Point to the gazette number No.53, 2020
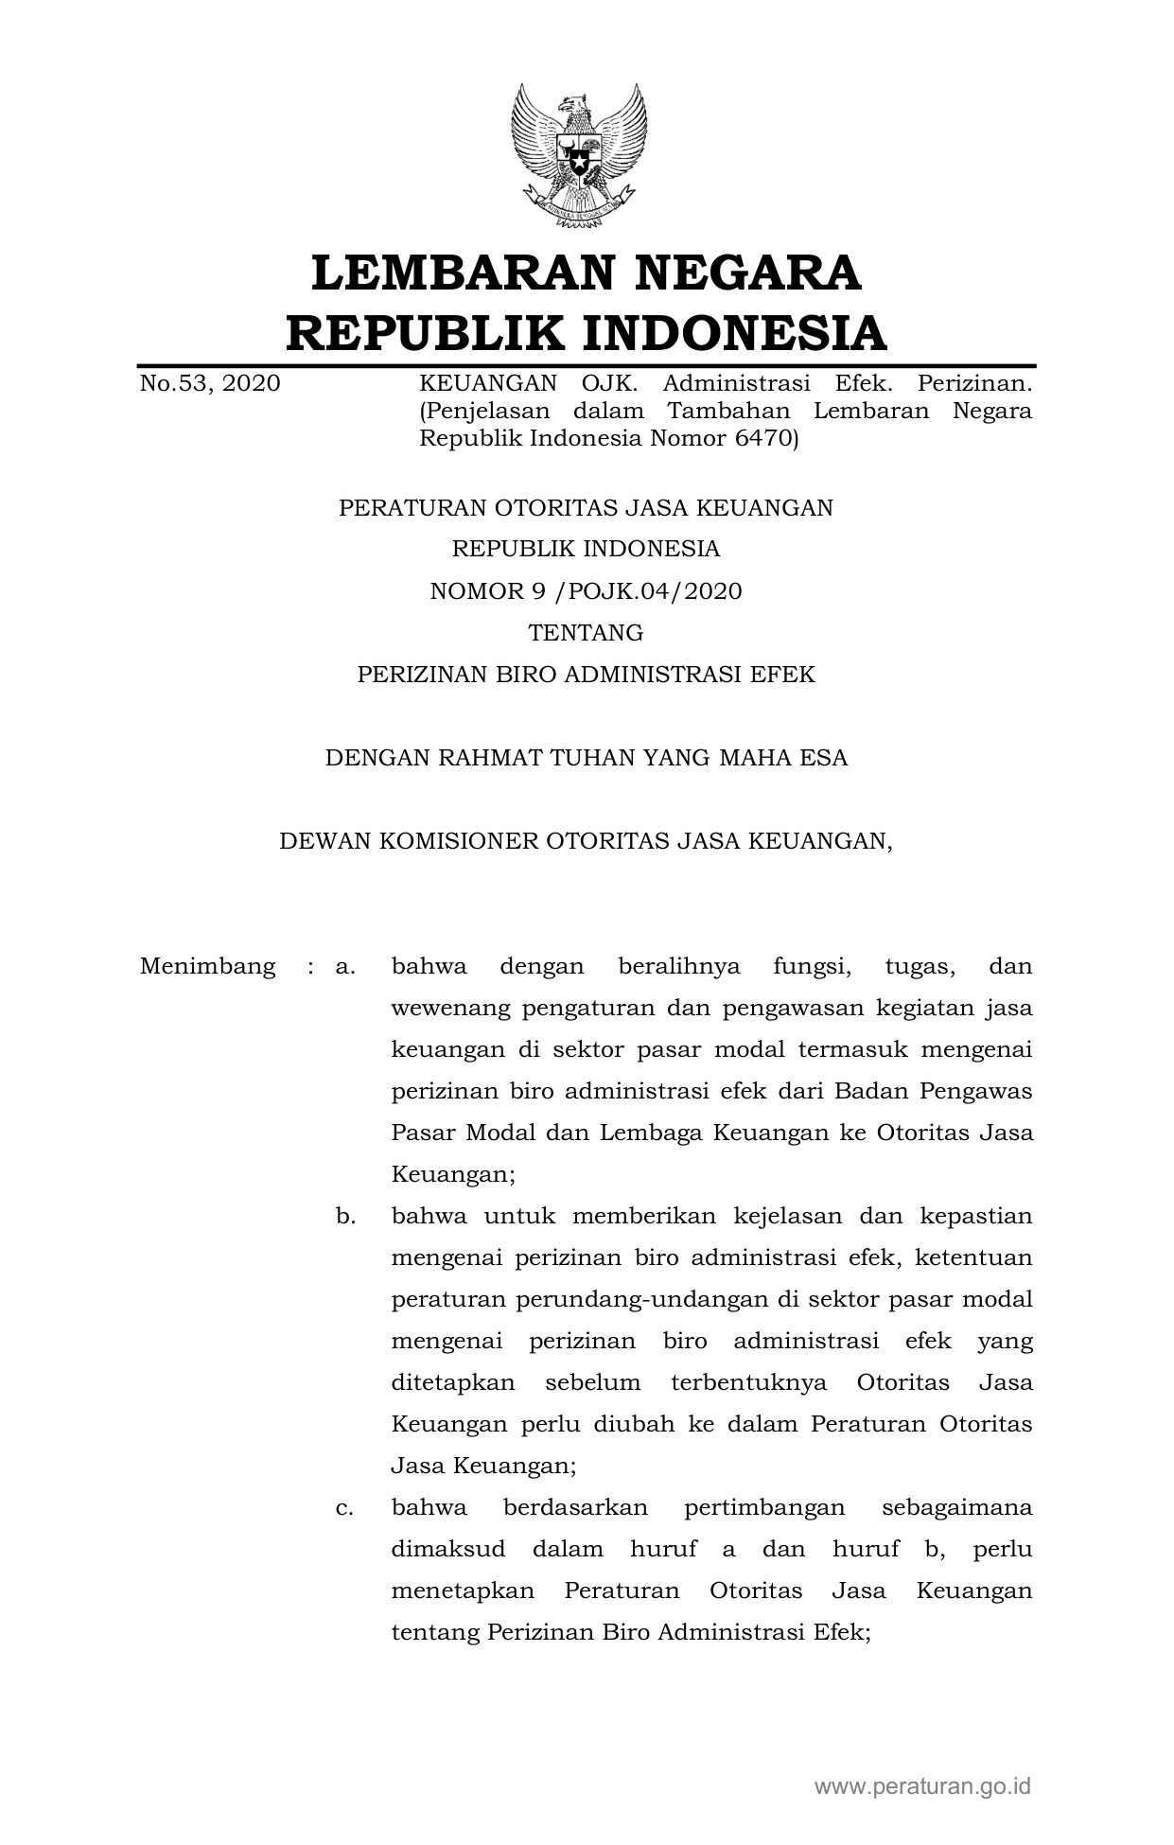tap(210, 383)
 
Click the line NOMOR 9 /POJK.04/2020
tap(586, 591)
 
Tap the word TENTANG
tap(586, 632)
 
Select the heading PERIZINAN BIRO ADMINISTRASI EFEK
tap(586, 674)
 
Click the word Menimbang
tap(207, 966)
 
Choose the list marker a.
tap(344, 966)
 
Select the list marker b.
tap(345, 1216)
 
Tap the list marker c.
tap(344, 1507)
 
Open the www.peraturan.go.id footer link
tap(922, 1786)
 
